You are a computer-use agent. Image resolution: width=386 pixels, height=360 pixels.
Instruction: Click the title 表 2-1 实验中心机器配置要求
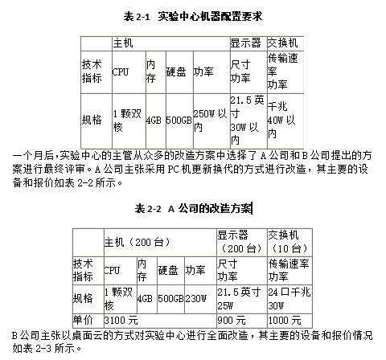point(193,16)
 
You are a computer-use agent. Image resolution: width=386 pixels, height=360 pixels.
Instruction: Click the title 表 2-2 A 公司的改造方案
point(193,208)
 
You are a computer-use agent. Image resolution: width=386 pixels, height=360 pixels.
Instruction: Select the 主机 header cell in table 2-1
point(171,43)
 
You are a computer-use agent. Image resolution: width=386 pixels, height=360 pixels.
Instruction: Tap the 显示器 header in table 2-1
point(248,43)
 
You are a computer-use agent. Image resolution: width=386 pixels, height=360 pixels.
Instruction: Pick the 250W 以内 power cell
point(211,121)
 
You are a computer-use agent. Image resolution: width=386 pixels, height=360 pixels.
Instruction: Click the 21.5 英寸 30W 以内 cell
point(248,121)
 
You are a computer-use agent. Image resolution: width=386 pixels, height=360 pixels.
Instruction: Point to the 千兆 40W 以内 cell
point(285,121)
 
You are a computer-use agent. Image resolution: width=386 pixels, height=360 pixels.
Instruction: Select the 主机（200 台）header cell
point(160,243)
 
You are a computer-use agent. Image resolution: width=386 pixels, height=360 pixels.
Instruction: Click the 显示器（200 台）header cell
point(242,243)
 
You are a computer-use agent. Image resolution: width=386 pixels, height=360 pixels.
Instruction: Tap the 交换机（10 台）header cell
point(289,243)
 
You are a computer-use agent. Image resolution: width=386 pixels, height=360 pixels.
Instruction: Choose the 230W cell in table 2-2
point(200,299)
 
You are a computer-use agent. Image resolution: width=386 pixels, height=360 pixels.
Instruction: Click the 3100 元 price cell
point(160,321)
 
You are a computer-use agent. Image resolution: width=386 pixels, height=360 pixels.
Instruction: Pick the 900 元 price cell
point(242,321)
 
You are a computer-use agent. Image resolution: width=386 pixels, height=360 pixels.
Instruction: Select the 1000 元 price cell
point(289,321)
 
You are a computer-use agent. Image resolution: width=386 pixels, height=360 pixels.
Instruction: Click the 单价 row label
point(88,321)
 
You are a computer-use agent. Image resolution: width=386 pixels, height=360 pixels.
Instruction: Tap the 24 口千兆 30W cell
point(289,299)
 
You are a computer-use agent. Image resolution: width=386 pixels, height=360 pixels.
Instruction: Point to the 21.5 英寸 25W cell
point(242,299)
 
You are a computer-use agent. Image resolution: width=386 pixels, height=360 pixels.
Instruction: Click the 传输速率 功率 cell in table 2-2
point(289,270)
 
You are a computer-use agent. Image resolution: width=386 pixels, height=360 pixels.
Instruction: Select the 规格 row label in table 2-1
point(96,121)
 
